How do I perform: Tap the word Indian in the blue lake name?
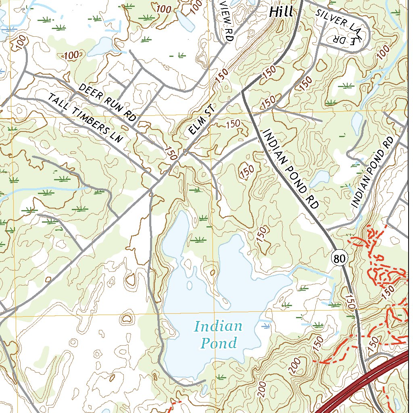(218, 326)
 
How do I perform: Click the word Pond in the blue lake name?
(219, 343)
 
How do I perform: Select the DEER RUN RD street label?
(107, 102)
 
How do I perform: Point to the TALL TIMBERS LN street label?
(85, 117)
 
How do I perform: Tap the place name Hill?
(281, 12)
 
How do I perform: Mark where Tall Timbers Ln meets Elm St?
(158, 179)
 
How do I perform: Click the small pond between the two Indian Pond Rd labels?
(321, 177)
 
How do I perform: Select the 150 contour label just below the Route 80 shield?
(350, 301)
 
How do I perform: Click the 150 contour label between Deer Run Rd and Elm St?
(170, 153)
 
